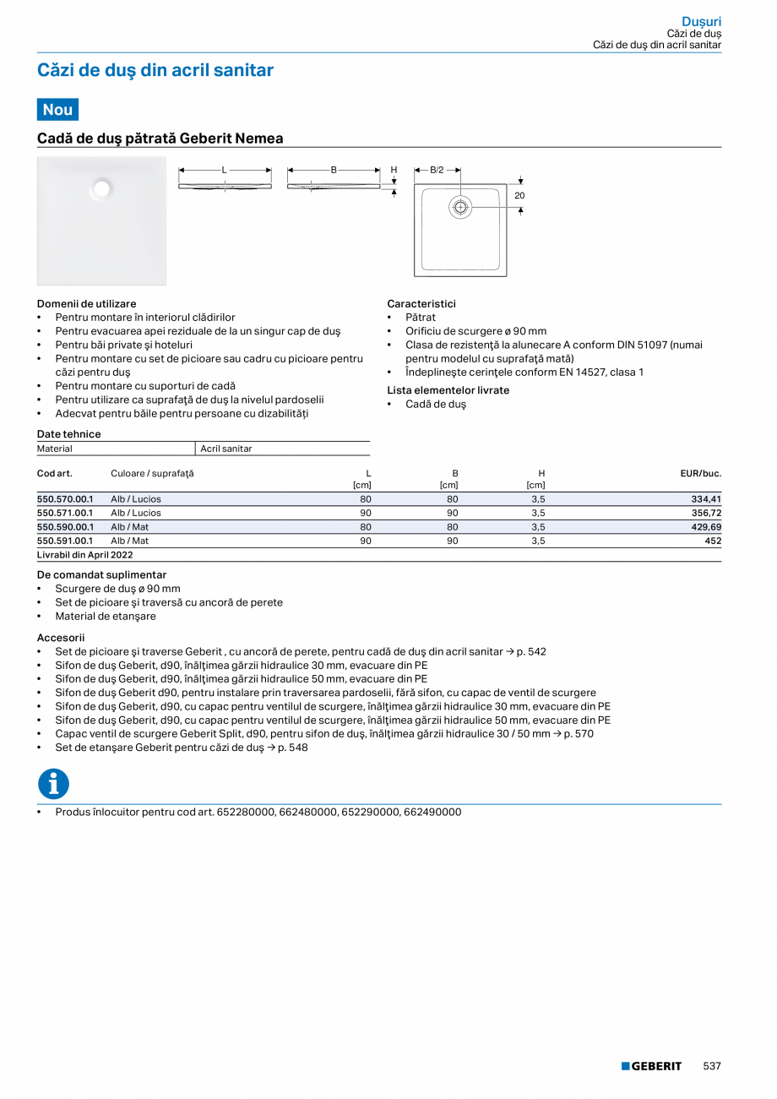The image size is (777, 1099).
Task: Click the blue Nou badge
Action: coord(57,110)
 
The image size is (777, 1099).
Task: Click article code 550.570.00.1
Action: coord(65,499)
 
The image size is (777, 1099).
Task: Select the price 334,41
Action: coord(706,499)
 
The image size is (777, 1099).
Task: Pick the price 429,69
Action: coord(706,526)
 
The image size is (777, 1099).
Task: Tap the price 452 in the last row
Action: coord(713,540)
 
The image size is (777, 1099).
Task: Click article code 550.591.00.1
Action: coord(65,540)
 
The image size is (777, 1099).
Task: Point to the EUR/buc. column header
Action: coord(700,473)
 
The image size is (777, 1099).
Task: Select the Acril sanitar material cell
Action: coord(226,449)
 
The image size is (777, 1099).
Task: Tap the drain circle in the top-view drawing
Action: coord(460,206)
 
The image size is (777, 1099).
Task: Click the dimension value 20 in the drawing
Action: coord(519,195)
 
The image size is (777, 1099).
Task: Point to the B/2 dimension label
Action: coord(437,170)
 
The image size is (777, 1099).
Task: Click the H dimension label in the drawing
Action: coord(394,170)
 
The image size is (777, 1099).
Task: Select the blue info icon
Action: coord(53,784)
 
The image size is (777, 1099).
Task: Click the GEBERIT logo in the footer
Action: coord(651,1066)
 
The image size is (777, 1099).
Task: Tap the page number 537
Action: coord(712,1066)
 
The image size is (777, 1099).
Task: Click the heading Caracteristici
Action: coord(421,303)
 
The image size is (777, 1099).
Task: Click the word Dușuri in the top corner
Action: coord(701,21)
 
